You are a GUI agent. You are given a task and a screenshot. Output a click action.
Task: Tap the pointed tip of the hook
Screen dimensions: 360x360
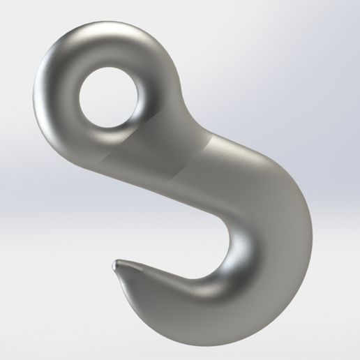click(x=114, y=265)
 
